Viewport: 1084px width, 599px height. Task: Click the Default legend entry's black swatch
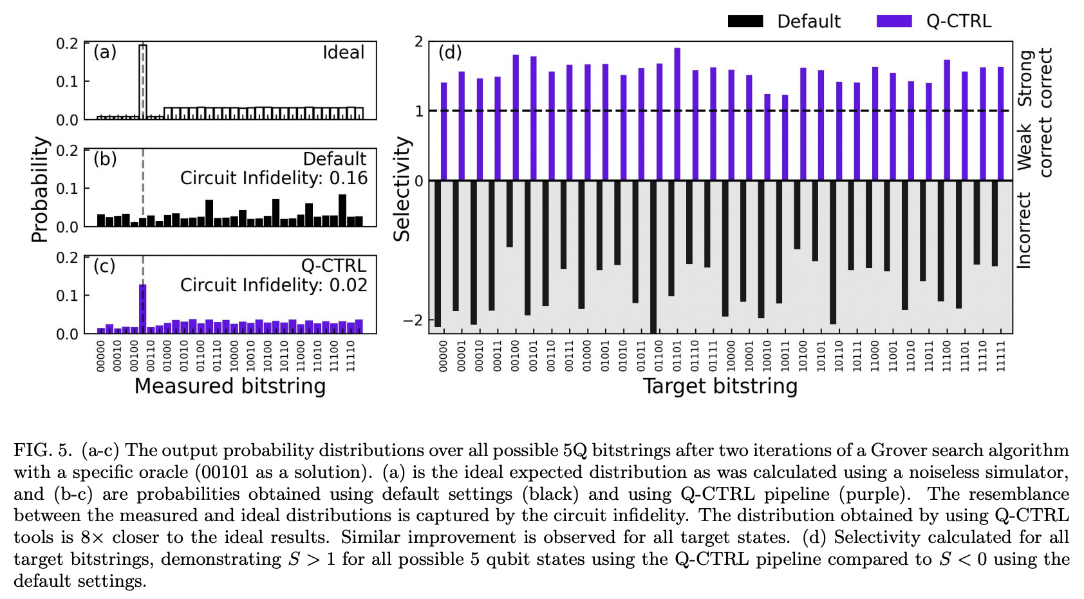coord(745,21)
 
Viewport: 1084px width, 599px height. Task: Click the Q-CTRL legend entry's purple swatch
coord(894,21)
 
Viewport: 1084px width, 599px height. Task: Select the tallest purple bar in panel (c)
coord(143,309)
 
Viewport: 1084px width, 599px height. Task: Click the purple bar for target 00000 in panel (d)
coord(444,131)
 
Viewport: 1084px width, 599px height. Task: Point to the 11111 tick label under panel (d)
coord(1000,356)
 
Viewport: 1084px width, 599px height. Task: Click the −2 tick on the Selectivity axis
coord(413,320)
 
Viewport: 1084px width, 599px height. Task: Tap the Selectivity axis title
coord(402,189)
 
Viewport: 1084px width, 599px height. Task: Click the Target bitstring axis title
coord(720,386)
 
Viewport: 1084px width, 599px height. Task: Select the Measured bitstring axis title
coord(230,386)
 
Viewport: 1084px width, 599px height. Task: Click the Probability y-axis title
coord(40,189)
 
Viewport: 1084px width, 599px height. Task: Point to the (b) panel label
coord(105,158)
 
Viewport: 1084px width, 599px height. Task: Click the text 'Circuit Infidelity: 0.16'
coord(274,178)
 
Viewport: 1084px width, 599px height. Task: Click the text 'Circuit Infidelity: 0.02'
coord(274,285)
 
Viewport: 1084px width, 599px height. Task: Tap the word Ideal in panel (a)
coord(343,53)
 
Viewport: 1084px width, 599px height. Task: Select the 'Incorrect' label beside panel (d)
coord(1023,230)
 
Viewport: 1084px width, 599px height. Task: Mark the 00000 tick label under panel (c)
coord(100,356)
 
